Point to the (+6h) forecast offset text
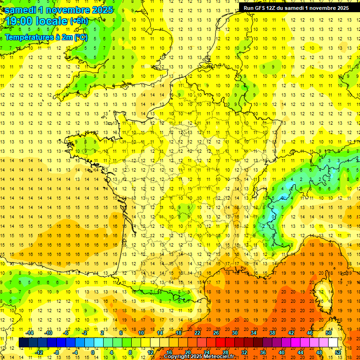(78, 21)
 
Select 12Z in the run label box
(275, 8)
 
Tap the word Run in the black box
(249, 8)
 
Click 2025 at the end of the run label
(342, 8)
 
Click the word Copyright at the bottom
(174, 357)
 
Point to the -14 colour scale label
(30, 332)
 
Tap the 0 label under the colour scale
(93, 352)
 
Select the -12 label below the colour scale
(39, 352)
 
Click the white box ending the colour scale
(333, 343)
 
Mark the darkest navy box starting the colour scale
(23, 343)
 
